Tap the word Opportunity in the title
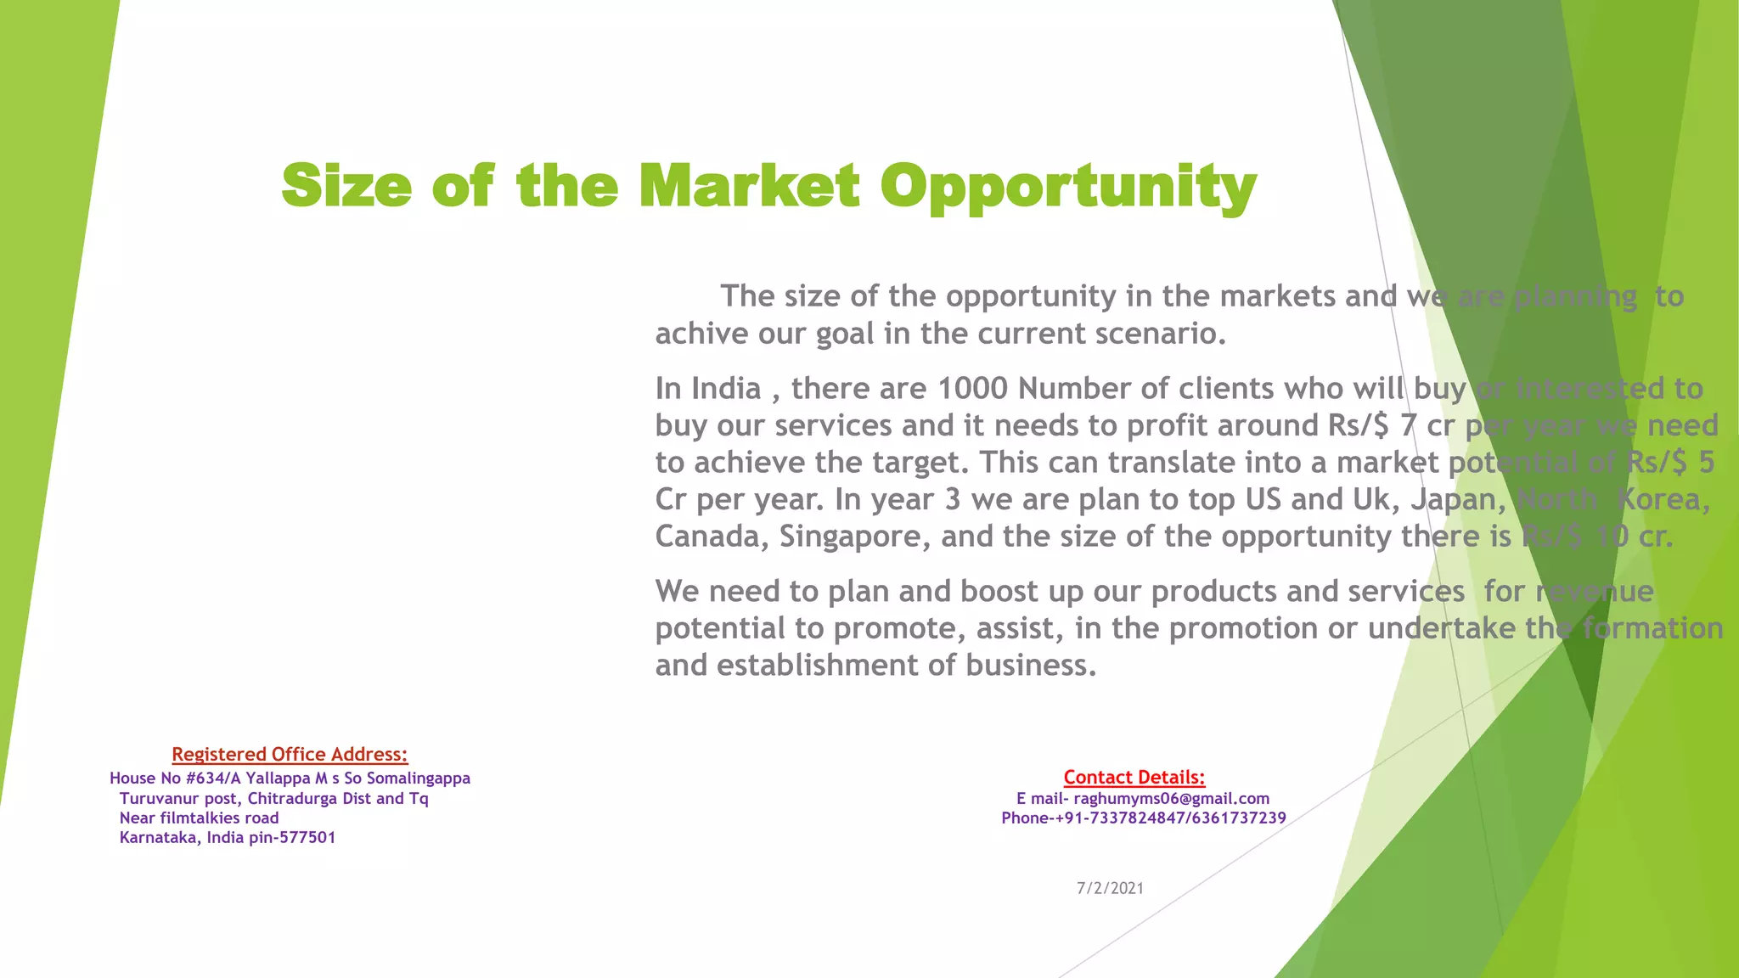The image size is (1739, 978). [1067, 187]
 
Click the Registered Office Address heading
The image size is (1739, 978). [290, 754]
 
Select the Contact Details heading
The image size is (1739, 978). [1134, 777]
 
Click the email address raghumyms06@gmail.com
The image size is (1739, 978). [1171, 798]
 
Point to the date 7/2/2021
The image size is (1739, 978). [1110, 888]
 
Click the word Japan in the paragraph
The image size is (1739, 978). [1458, 498]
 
